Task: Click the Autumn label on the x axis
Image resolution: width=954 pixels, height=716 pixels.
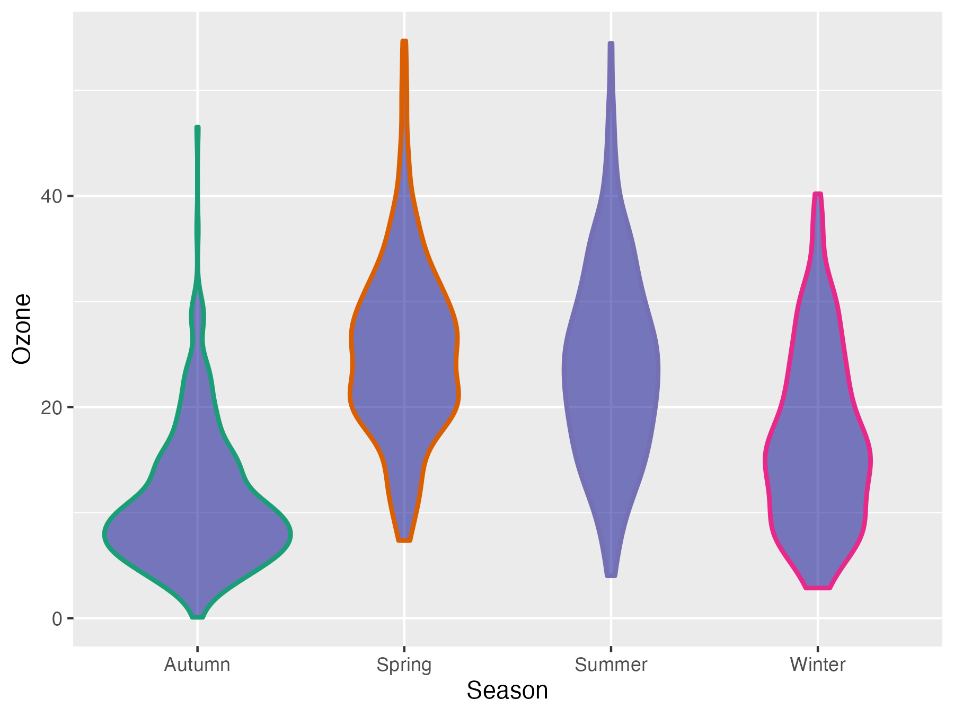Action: pyautogui.click(x=197, y=665)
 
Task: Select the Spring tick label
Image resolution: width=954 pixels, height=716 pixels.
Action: pyautogui.click(x=404, y=665)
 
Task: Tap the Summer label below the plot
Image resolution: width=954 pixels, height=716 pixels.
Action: pyautogui.click(x=611, y=665)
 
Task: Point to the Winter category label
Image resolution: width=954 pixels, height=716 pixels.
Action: pyautogui.click(x=817, y=665)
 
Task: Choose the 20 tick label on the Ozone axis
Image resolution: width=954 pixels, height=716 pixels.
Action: pyautogui.click(x=51, y=407)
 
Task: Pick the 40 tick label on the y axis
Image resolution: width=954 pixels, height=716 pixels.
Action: pyautogui.click(x=51, y=196)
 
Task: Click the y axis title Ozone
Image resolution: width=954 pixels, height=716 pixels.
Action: pyautogui.click(x=22, y=329)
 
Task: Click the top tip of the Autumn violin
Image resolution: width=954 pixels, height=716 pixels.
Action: pyautogui.click(x=198, y=128)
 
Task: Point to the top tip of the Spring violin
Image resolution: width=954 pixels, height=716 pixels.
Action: pyautogui.click(x=404, y=41)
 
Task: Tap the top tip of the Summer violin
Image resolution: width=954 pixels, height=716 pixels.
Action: pyautogui.click(x=611, y=43)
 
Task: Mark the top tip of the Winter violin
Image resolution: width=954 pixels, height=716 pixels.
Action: pyautogui.click(x=818, y=195)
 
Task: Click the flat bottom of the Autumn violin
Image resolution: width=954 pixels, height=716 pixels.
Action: pyautogui.click(x=197, y=617)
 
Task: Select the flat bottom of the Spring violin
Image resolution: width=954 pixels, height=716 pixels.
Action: pyautogui.click(x=404, y=540)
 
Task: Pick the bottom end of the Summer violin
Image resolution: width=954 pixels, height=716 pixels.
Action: pyautogui.click(x=611, y=575)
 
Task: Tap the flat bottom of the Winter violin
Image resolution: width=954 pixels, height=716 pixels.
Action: pyautogui.click(x=818, y=587)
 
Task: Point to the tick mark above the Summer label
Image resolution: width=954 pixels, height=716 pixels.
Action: pyautogui.click(x=611, y=649)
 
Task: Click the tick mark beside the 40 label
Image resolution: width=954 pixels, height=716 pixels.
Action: pyautogui.click(x=70, y=196)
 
